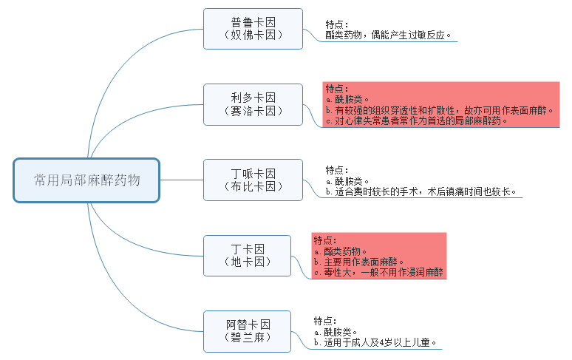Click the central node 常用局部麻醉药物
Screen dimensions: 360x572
pos(86,180)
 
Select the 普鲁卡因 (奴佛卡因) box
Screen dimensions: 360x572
pos(253,28)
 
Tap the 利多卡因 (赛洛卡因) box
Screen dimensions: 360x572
pos(253,104)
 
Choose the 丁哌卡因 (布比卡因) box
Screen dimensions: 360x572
pos(253,180)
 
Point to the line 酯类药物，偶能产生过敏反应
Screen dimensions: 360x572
pos(389,35)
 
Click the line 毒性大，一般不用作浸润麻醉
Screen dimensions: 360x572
pos(378,272)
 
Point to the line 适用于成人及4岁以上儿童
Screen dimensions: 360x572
pos(377,343)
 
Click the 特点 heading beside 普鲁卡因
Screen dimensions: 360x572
pos(337,24)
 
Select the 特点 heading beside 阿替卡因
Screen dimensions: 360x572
pos(325,321)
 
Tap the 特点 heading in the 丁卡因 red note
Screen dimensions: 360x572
pos(325,240)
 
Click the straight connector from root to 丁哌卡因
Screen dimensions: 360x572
pos(181,180)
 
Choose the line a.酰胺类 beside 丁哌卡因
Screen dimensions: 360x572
pos(347,181)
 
